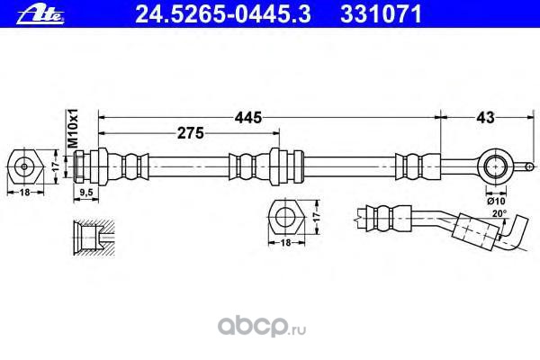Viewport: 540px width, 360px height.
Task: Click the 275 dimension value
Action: (x=187, y=133)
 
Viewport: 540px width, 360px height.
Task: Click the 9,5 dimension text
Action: (x=87, y=193)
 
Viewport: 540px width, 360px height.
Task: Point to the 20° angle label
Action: (x=499, y=213)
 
